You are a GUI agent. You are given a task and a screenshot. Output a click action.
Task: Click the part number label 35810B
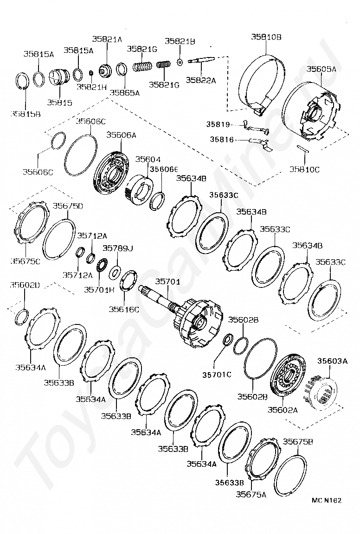coord(266,37)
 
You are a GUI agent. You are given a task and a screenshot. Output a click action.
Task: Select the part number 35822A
coord(201,80)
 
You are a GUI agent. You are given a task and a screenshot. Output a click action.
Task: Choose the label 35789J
coord(117,248)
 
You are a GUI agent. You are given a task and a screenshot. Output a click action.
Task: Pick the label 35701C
coord(216,375)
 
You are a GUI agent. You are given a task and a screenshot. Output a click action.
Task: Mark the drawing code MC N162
coord(327,500)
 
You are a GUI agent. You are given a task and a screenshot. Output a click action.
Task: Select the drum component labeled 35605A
coord(311,111)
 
